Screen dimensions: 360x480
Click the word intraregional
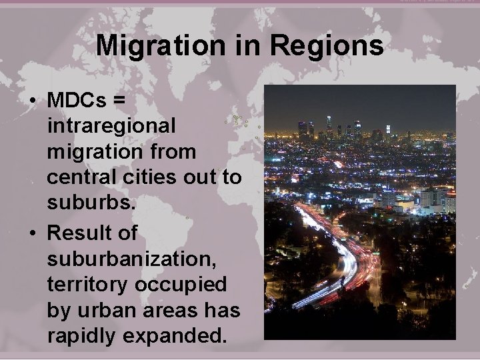(x=111, y=125)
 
